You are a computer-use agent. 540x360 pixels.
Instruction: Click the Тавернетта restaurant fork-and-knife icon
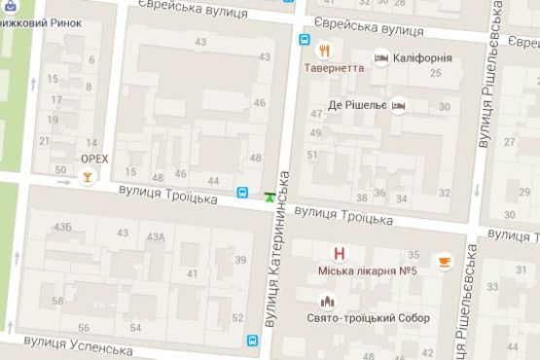(324, 51)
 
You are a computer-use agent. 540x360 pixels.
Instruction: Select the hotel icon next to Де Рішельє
(398, 105)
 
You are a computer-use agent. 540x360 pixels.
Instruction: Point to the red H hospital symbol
(340, 253)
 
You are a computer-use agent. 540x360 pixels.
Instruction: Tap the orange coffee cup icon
(444, 261)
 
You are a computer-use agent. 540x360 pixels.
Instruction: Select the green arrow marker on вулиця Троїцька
(269, 197)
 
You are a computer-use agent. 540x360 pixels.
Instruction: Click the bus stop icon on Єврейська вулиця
(305, 41)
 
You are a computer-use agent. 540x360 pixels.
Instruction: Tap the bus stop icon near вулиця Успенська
(252, 342)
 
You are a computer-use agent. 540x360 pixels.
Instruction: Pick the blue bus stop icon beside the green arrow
(242, 192)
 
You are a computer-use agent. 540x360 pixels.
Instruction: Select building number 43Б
(63, 227)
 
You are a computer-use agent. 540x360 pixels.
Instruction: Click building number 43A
(155, 236)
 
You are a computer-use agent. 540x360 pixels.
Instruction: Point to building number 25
(434, 72)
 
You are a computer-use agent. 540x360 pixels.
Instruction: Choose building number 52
(236, 318)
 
